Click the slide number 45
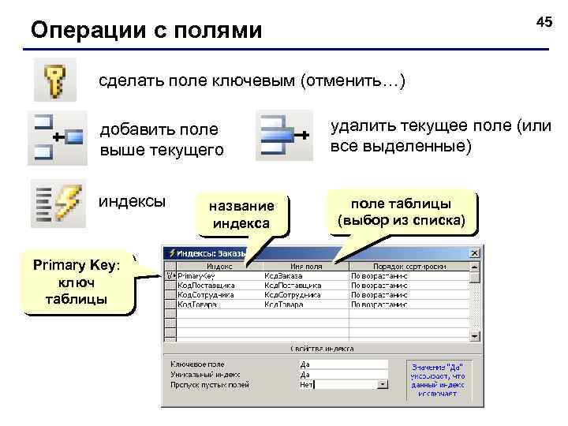[x=544, y=23]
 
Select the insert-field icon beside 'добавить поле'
[x=56, y=137]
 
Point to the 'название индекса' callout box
[x=241, y=214]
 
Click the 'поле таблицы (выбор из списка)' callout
[x=407, y=211]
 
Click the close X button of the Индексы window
[x=474, y=253]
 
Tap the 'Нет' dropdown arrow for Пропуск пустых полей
[x=383, y=385]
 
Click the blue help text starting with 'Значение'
[x=435, y=377]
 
